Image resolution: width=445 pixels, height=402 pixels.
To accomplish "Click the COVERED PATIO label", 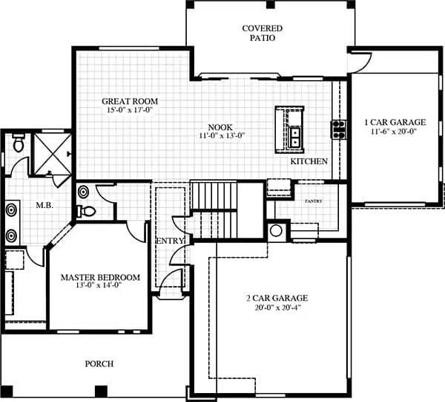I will tap(263, 33).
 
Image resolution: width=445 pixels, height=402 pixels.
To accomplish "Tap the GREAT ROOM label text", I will tap(130, 101).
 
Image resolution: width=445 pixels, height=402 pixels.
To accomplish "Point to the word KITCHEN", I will tap(309, 161).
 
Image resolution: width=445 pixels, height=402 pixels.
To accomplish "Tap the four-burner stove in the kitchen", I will tap(338, 129).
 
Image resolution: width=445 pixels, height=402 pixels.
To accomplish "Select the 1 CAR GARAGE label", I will tap(395, 122).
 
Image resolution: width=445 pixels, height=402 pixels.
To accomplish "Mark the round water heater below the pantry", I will tap(276, 230).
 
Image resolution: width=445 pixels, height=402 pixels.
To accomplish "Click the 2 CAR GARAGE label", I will tap(277, 299).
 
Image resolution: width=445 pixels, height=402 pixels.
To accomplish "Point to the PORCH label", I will tap(99, 363).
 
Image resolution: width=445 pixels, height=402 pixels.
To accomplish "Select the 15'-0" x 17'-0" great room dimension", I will tap(130, 111).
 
